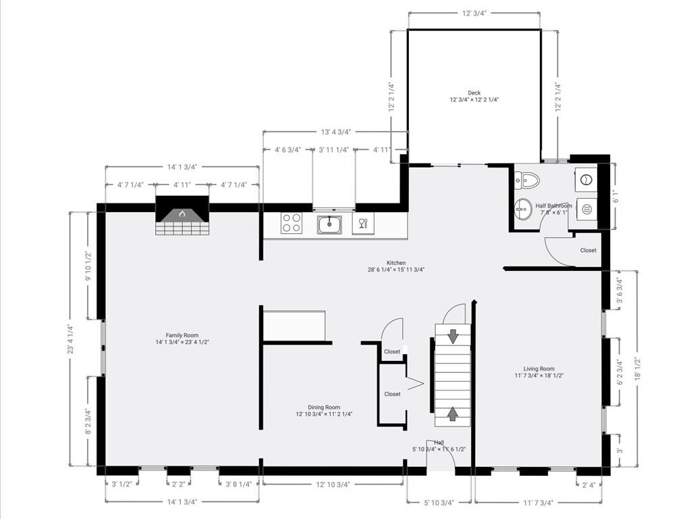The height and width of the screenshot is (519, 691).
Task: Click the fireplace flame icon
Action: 182,214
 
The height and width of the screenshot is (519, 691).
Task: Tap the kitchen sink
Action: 329,224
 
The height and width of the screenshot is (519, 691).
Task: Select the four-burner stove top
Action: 292,223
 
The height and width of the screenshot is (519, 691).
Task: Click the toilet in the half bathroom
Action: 527,180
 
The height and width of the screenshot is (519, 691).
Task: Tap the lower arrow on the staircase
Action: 453,414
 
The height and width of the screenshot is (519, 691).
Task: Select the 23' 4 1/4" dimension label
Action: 71,339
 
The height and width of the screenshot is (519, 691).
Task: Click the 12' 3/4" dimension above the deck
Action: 474,14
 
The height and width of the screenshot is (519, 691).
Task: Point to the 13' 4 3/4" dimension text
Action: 336,132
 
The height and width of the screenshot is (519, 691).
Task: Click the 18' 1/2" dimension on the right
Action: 636,368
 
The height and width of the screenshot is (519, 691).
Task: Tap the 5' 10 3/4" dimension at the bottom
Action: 439,502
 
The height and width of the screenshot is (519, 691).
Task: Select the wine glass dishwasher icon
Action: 363,223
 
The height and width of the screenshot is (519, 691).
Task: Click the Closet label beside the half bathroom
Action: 588,250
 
